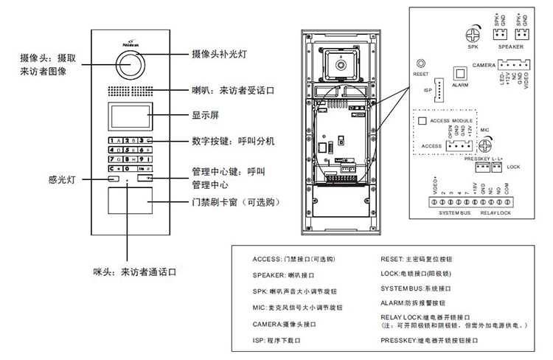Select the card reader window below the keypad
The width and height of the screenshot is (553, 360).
(x=129, y=201)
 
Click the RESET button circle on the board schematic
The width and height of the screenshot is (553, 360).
(x=421, y=63)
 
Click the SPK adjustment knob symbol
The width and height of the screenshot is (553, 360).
(x=473, y=34)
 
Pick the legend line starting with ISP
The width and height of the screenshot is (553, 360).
(x=278, y=342)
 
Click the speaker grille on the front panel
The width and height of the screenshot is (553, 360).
(x=129, y=93)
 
